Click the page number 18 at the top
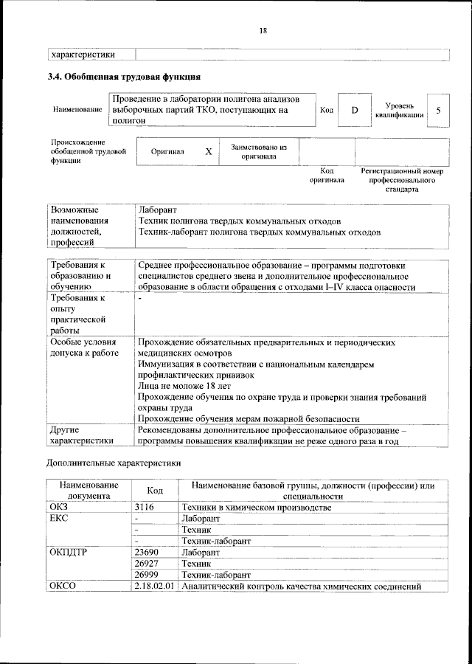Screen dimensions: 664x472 tap(263, 30)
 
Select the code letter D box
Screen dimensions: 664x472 tap(354, 110)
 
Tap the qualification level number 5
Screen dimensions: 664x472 tap(439, 110)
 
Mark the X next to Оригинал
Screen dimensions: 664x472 tap(209, 151)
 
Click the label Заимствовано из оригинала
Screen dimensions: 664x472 tap(258, 151)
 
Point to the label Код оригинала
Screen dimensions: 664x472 tap(327, 175)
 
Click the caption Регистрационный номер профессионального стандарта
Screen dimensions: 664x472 tap(401, 179)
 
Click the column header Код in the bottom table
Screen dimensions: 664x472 tap(155, 491)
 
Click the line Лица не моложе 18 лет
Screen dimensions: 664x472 tap(184, 385)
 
